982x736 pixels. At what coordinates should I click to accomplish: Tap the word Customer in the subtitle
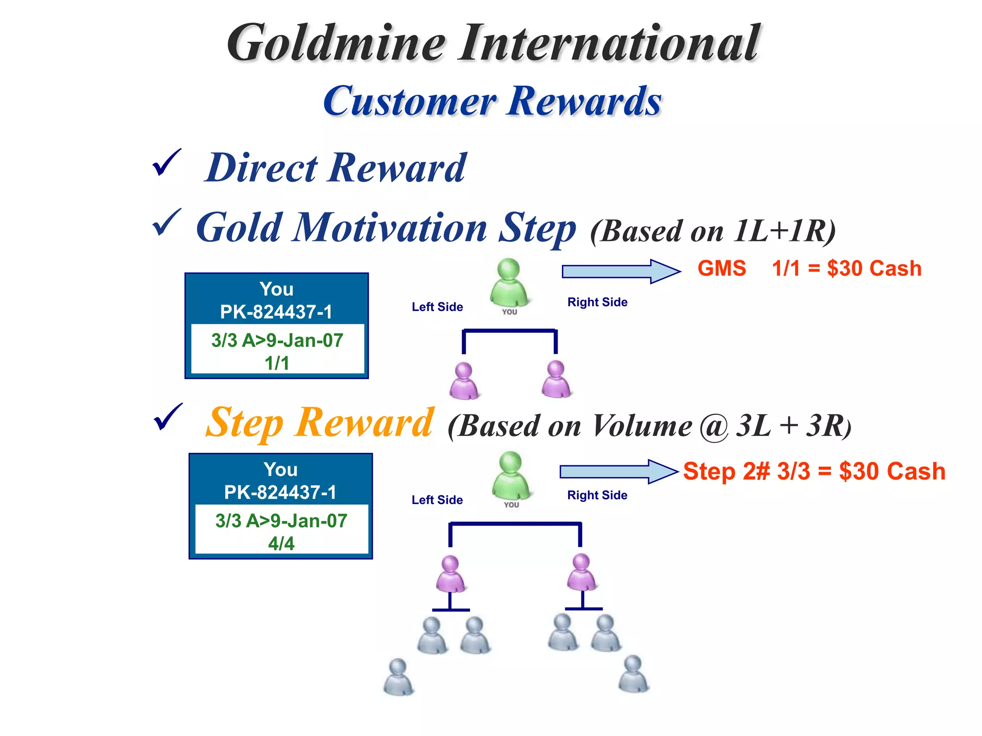[x=410, y=102]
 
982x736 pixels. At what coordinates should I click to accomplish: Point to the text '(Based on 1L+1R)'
[x=713, y=231]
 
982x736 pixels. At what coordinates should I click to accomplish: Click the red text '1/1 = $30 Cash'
[x=846, y=268]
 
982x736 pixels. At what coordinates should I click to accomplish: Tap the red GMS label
[x=722, y=268]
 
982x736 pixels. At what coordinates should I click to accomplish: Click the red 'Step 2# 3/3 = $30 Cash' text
[x=814, y=471]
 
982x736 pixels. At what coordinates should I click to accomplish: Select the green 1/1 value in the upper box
[x=277, y=363]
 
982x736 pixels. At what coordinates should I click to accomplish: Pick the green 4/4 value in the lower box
[x=281, y=543]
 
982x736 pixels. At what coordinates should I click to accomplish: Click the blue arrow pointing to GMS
[x=621, y=271]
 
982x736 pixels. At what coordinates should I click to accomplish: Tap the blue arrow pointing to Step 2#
[x=619, y=471]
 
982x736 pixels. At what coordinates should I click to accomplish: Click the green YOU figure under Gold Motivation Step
[x=509, y=283]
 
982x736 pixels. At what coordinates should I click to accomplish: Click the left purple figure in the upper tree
[x=464, y=380]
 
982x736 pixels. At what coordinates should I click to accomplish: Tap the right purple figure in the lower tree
[x=581, y=572]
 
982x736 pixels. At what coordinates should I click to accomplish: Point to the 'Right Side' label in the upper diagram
[x=597, y=302]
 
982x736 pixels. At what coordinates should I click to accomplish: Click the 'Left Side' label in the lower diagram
[x=437, y=500]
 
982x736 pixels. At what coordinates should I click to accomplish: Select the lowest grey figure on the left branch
[x=398, y=677]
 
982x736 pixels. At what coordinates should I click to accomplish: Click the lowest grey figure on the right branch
[x=633, y=674]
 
